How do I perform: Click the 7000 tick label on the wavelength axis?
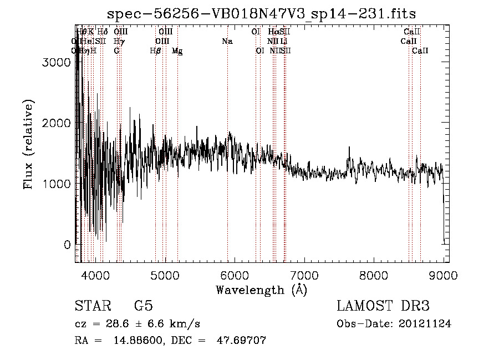pos(304,276)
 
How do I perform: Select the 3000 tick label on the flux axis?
pos(56,63)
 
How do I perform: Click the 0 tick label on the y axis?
pos(68,245)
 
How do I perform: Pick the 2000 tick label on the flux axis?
pos(56,123)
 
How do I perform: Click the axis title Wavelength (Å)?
pos(262,290)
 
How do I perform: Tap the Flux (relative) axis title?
pos(29,144)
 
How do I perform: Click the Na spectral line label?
pos(227,42)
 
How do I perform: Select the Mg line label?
pos(177,51)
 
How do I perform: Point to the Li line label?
pos(283,42)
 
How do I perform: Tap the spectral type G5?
pos(143,306)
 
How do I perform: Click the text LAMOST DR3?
pos(383,306)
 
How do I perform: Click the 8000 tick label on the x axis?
pos(374,276)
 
